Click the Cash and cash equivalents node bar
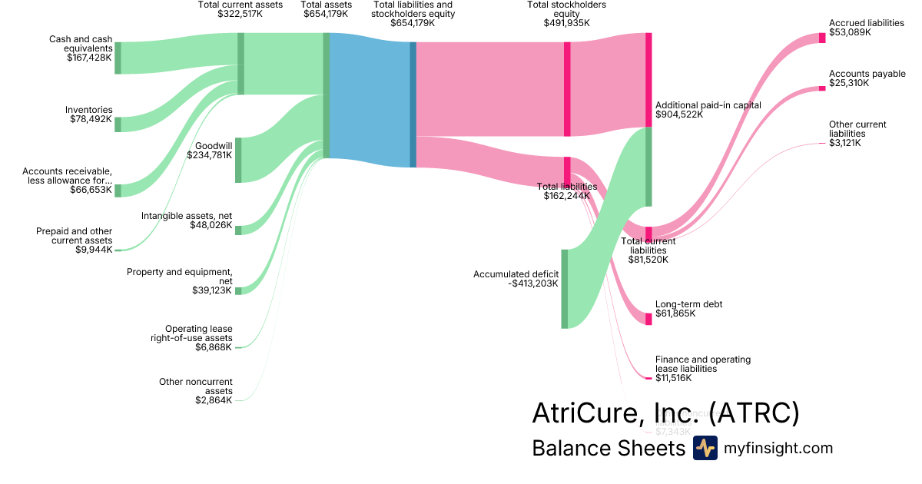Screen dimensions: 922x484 [118, 58]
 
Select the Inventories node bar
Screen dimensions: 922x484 [118, 124]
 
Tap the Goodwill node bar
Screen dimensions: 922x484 [238, 160]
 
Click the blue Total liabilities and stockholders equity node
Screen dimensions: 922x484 [413, 104]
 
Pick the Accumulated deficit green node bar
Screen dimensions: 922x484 [564, 288]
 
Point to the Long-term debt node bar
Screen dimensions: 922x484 [648, 319]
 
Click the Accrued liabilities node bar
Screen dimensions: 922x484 [822, 38]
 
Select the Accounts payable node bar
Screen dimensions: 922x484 [822, 88]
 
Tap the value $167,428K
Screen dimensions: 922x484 [89, 58]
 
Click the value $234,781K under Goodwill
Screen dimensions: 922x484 [209, 154]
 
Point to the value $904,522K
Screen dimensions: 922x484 [679, 114]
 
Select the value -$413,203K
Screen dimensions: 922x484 [533, 283]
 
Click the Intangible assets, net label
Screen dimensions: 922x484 [187, 216]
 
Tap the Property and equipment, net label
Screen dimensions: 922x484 [179, 277]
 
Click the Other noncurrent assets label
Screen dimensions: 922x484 [195, 386]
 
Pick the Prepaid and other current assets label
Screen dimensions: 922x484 [74, 236]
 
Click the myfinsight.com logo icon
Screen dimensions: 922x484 [705, 448]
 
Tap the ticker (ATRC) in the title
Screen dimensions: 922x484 [754, 413]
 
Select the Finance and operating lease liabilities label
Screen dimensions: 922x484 [702, 363]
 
